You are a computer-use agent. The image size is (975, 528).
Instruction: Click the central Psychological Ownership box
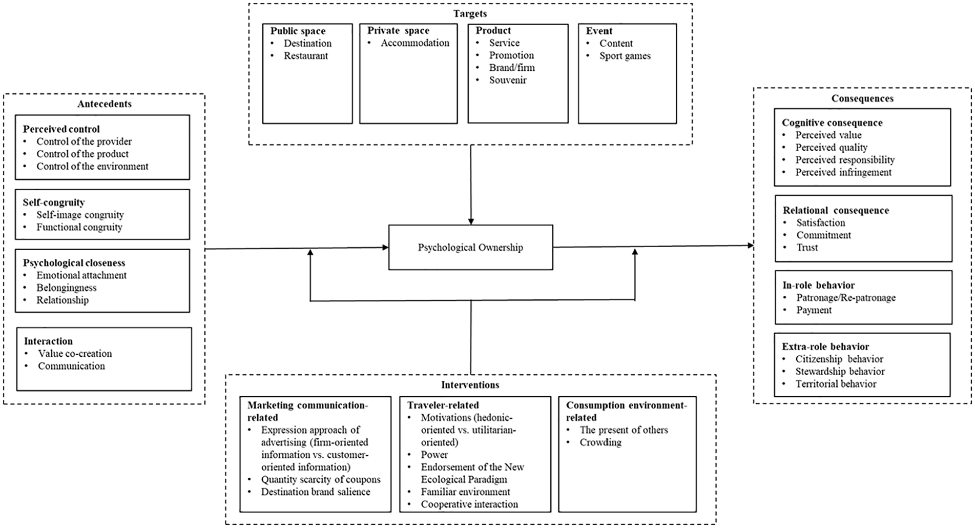tap(470, 247)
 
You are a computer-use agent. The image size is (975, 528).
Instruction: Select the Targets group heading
tap(470, 14)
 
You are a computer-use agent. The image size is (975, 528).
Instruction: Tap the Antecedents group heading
tap(105, 104)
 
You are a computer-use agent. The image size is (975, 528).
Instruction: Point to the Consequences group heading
tap(862, 98)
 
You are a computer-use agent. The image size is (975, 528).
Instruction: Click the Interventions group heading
tap(470, 384)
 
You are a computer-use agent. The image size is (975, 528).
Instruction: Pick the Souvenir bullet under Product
tap(508, 80)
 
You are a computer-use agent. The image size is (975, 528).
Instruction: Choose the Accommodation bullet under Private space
tap(415, 43)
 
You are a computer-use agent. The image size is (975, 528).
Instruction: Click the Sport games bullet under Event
tap(625, 56)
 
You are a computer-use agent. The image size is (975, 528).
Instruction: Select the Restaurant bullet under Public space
tap(306, 56)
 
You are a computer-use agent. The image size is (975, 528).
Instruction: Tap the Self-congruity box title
tap(54, 202)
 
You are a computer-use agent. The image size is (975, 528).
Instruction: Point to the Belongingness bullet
tap(66, 288)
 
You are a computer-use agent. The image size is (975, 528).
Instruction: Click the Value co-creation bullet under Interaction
tap(75, 354)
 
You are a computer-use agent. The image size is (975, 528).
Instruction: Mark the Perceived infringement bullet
tap(843, 172)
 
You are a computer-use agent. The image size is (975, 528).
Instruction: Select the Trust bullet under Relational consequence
tap(807, 248)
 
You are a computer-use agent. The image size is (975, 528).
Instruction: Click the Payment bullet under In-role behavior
tap(814, 310)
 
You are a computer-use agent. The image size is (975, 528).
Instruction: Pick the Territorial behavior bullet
tap(836, 384)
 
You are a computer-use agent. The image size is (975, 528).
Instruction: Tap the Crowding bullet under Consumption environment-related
tap(600, 442)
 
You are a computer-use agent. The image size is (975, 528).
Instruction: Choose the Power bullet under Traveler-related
tap(434, 455)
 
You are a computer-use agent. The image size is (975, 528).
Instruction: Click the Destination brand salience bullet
tap(316, 492)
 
